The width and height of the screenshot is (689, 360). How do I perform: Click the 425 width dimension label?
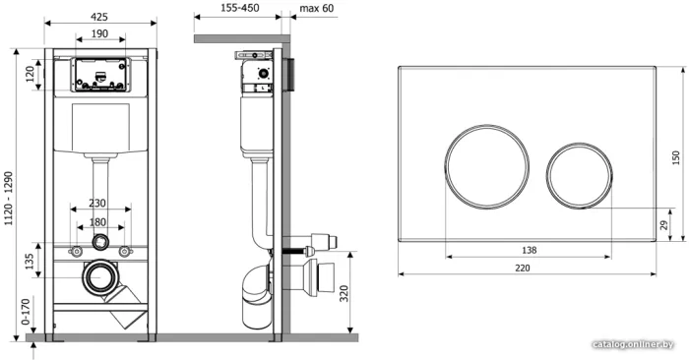[x=99, y=17]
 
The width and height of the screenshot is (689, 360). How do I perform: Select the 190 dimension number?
[x=100, y=33]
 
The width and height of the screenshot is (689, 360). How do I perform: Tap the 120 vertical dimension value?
[x=30, y=74]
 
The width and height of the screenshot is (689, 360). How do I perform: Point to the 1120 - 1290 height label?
[x=9, y=199]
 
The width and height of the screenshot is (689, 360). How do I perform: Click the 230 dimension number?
[x=97, y=204]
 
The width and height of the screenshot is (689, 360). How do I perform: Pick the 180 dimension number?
[x=97, y=222]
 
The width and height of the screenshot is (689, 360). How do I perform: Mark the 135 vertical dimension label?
[x=29, y=262]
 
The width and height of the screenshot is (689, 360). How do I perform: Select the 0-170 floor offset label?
[x=26, y=312]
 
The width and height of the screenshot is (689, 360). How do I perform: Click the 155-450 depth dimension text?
[x=240, y=8]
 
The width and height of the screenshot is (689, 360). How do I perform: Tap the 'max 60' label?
[x=317, y=8]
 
